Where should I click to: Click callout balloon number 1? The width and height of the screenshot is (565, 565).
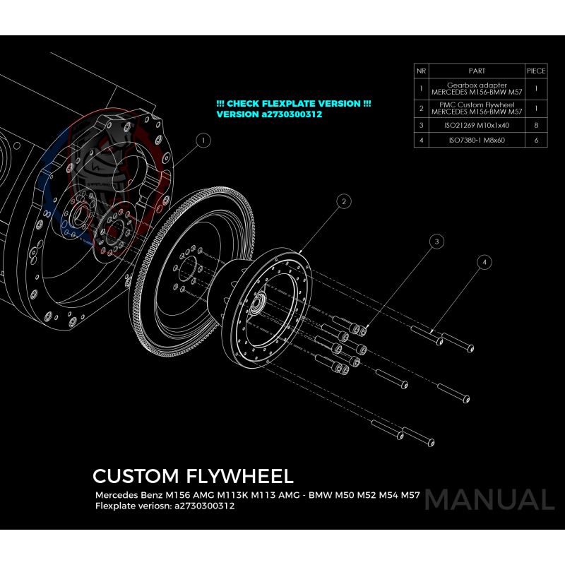pos(203,141)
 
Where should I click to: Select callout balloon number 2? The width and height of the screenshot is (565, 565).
pos(343,202)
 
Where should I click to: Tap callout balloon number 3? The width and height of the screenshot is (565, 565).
pos(437,242)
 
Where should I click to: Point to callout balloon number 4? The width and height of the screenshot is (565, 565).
pos(484,262)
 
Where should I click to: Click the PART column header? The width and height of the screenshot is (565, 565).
pos(477,71)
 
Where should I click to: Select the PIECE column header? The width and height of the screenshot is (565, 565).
pos(536,71)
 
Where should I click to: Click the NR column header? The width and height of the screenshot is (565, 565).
pos(422,71)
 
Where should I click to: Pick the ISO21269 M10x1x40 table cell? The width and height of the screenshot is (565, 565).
pos(477,125)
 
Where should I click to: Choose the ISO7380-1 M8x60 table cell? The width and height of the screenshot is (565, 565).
pos(477,141)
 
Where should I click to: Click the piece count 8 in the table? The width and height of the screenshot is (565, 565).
pos(536,125)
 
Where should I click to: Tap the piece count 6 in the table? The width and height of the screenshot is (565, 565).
pos(536,141)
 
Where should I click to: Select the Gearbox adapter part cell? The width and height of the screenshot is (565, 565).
pos(477,89)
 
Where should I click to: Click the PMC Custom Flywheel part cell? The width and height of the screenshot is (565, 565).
pos(477,108)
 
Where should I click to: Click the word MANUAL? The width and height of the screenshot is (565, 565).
pos(489,499)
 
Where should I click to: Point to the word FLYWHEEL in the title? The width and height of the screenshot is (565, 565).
pos(242,475)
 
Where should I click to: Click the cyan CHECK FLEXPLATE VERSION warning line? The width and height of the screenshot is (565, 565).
pos(294,104)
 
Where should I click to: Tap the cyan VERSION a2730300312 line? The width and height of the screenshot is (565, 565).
pos(269,114)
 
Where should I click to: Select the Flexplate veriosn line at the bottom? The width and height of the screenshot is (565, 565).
pos(165,506)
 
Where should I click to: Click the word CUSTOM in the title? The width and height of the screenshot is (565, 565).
pos(138,475)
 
